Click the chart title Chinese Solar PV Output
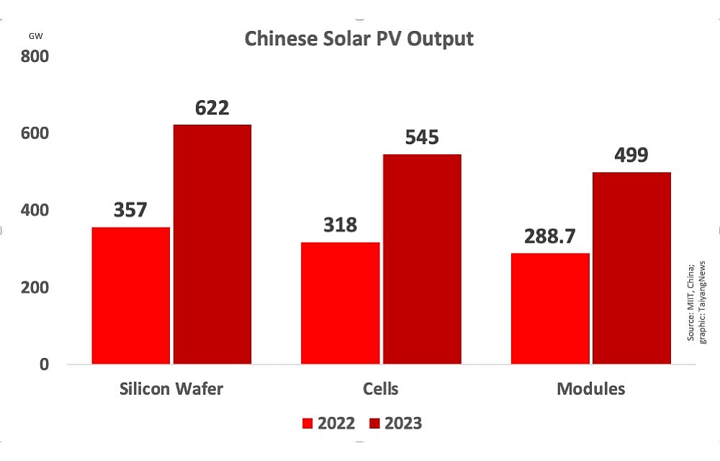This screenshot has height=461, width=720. (x=359, y=38)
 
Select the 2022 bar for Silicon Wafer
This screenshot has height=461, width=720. (x=131, y=295)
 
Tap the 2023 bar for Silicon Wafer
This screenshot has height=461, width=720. (x=212, y=245)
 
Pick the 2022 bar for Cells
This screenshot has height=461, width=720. (x=340, y=303)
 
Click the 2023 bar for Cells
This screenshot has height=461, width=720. (x=422, y=259)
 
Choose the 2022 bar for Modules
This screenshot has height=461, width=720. (x=550, y=308)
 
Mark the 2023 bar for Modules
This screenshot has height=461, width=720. (x=631, y=268)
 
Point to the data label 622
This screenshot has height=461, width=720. (x=212, y=108)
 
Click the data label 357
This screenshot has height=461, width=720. (x=130, y=210)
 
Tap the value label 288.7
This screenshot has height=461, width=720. (x=549, y=236)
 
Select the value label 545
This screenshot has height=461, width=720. (x=421, y=138)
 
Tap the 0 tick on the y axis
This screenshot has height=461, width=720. (x=44, y=364)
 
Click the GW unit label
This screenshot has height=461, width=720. (x=35, y=35)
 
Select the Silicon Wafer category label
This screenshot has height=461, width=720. (x=171, y=389)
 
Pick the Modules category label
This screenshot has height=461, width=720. (x=590, y=389)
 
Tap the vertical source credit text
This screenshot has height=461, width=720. (x=696, y=301)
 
